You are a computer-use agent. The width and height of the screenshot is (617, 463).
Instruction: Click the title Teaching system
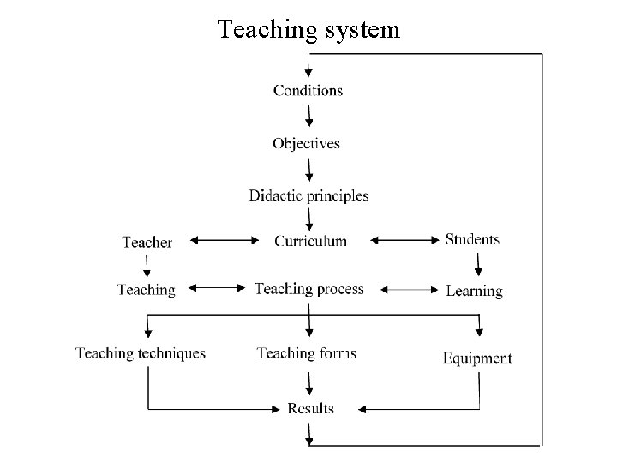click(x=308, y=30)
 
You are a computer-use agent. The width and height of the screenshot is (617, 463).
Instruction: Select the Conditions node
click(x=308, y=90)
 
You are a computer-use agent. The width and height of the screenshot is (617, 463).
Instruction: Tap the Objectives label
click(x=307, y=143)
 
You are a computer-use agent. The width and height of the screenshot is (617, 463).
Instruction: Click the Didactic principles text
click(x=308, y=195)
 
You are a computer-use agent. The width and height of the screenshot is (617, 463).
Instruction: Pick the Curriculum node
click(x=310, y=241)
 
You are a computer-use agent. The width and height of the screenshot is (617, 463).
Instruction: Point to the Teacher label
click(x=147, y=243)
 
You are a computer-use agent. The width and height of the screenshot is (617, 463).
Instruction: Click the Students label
click(x=472, y=239)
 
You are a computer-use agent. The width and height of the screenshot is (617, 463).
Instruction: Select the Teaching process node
click(x=308, y=289)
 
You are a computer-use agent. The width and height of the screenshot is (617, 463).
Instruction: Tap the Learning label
click(x=474, y=291)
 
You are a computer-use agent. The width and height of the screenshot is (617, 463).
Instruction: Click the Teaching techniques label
click(x=141, y=353)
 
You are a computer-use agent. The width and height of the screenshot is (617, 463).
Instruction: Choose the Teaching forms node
click(x=306, y=353)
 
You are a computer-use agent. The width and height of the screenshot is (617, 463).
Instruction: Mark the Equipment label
click(x=477, y=358)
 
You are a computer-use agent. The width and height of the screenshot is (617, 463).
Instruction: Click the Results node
click(x=310, y=408)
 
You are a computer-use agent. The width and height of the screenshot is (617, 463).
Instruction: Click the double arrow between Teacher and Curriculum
click(x=222, y=241)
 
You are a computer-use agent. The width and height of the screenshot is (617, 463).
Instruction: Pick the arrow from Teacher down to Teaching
click(x=147, y=266)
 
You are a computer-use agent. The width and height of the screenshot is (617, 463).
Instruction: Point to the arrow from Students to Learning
click(x=478, y=265)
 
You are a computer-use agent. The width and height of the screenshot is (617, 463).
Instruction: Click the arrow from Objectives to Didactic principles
click(x=308, y=169)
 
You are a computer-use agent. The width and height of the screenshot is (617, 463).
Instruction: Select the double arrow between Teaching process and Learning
click(x=408, y=291)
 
